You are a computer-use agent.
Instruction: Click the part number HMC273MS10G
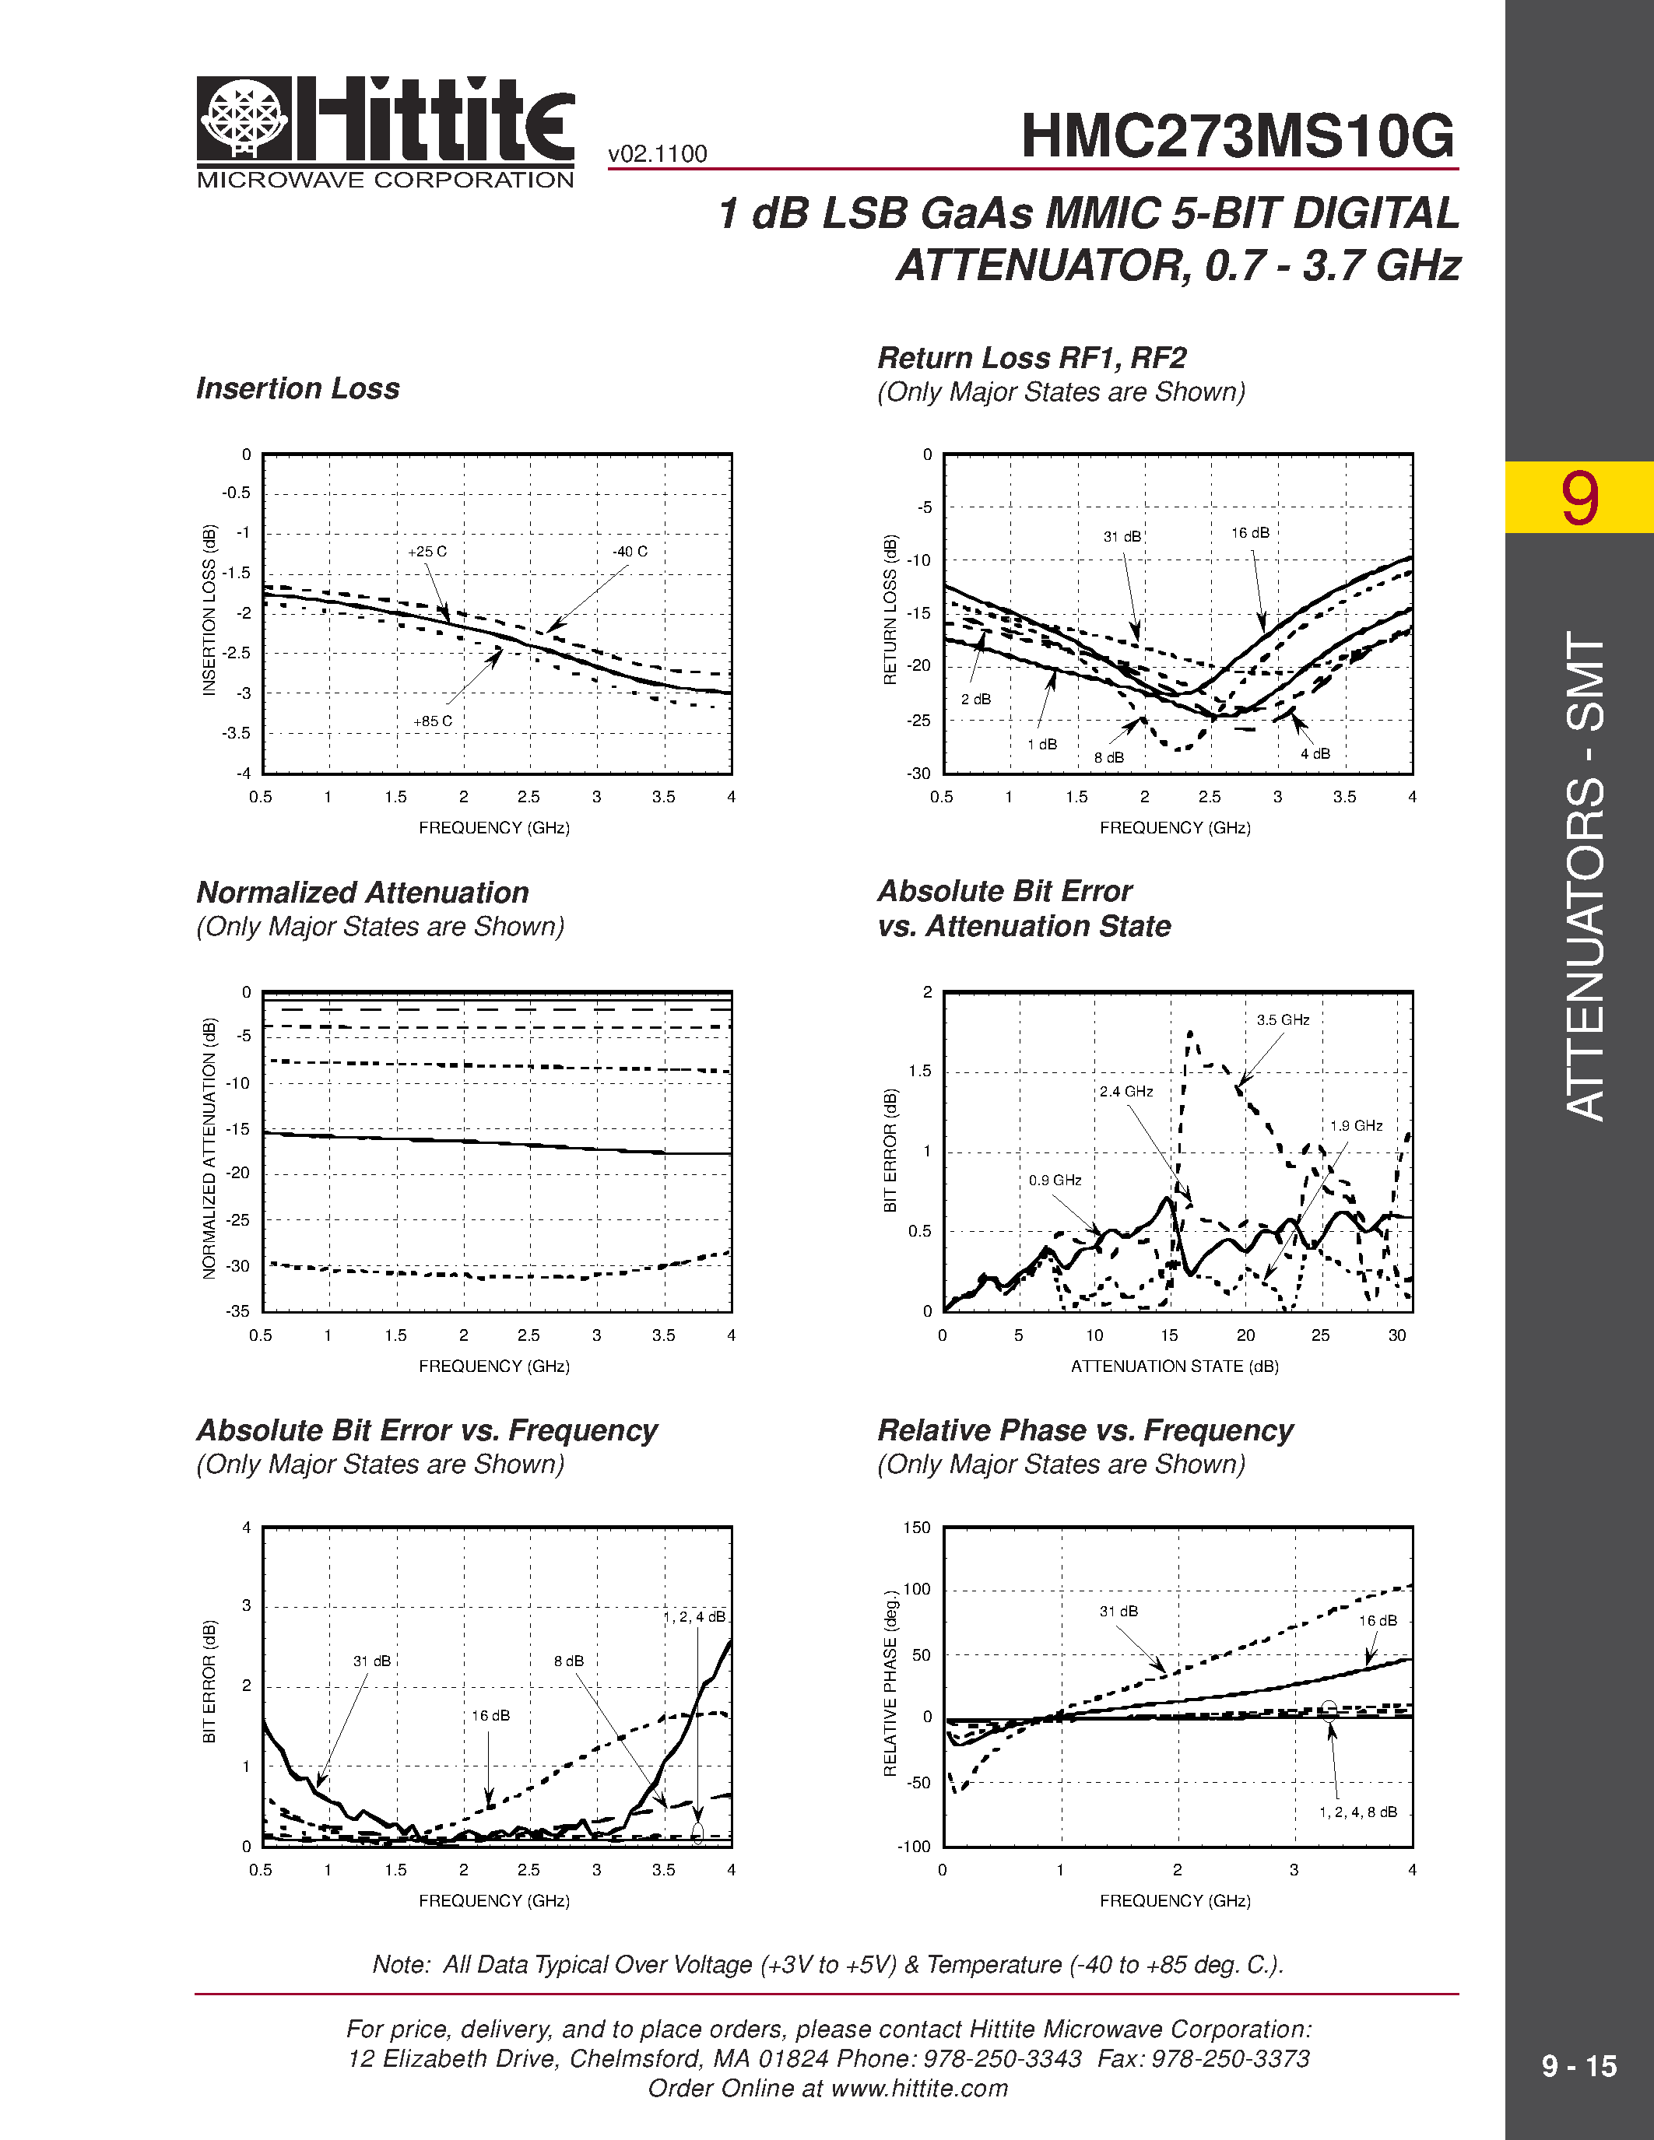pos(1238,136)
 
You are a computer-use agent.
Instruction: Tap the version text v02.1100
pos(658,154)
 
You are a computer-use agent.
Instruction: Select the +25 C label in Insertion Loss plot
pos(427,552)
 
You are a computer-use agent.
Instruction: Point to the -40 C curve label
pos(630,552)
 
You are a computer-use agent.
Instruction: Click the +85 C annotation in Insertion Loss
pos(432,721)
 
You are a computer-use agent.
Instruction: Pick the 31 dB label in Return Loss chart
pos(1122,537)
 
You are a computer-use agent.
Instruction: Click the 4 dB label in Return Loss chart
pos(1315,753)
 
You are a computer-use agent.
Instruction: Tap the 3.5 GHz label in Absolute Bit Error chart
pos(1283,1020)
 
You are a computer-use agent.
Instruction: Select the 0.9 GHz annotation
pos(1055,1181)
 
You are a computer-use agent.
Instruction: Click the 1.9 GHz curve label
pos(1356,1126)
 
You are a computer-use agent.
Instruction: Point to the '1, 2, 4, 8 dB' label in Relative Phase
pos(1358,1812)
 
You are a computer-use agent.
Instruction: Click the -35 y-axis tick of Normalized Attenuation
pos(238,1311)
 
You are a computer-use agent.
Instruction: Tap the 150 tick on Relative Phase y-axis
pos(916,1528)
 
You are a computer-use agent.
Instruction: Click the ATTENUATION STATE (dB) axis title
pos(1175,1366)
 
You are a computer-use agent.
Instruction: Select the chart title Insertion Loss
pos(298,389)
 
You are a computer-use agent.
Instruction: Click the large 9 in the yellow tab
pos(1579,498)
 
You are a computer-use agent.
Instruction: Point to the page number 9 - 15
pos(1578,2067)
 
